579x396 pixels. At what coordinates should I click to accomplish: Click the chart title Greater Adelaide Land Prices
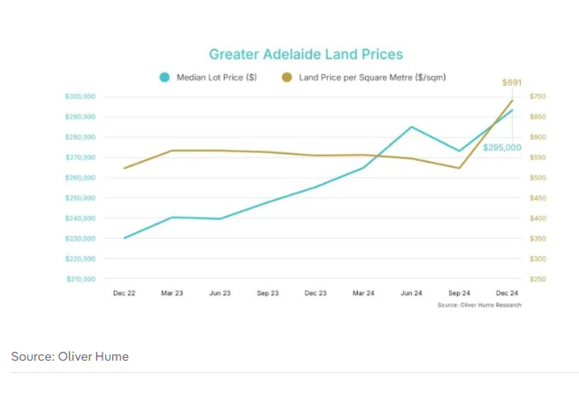pyautogui.click(x=305, y=55)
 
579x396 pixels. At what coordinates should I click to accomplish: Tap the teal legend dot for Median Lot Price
pyautogui.click(x=164, y=78)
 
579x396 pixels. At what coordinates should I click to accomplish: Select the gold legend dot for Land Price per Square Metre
pyautogui.click(x=286, y=78)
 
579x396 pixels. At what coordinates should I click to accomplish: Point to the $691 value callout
pyautogui.click(x=512, y=82)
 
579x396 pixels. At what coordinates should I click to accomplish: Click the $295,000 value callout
pyautogui.click(x=501, y=148)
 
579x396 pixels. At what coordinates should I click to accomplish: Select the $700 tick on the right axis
pyautogui.click(x=537, y=96)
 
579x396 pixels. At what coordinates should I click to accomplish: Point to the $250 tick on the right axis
pyautogui.click(x=537, y=279)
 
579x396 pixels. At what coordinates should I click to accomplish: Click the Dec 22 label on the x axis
pyautogui.click(x=125, y=293)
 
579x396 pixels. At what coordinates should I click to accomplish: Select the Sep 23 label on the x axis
pyautogui.click(x=268, y=293)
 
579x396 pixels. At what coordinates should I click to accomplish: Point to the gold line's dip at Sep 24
pyautogui.click(x=460, y=168)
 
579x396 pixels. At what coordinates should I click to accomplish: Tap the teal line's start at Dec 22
pyautogui.click(x=125, y=238)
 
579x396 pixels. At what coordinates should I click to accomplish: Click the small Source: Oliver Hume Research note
pyautogui.click(x=479, y=305)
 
